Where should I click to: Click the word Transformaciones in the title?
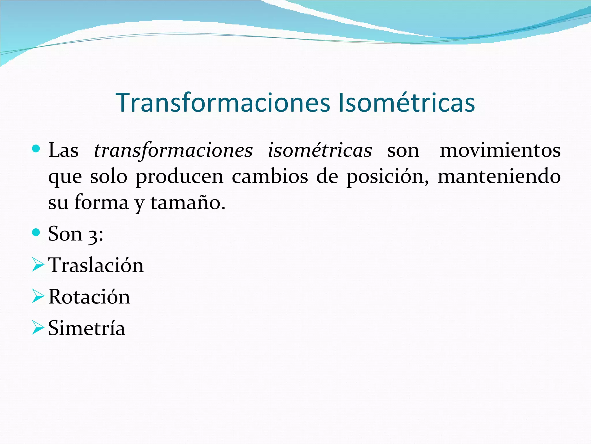(222, 103)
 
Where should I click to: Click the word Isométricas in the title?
(406, 103)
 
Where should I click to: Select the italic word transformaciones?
(173, 151)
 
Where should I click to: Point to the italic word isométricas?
(320, 151)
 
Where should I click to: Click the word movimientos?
(500, 151)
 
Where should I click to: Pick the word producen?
(179, 177)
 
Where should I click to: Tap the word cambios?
(270, 177)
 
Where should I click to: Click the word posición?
(387, 177)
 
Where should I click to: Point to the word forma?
(101, 203)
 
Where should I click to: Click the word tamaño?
(188, 203)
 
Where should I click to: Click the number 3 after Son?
(93, 235)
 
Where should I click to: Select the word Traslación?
(96, 265)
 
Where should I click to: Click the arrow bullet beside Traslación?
(38, 265)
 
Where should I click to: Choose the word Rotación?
(89, 297)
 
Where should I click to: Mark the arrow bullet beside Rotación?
(38, 296)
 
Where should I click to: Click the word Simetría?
(87, 328)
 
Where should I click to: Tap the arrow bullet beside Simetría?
(38, 328)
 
